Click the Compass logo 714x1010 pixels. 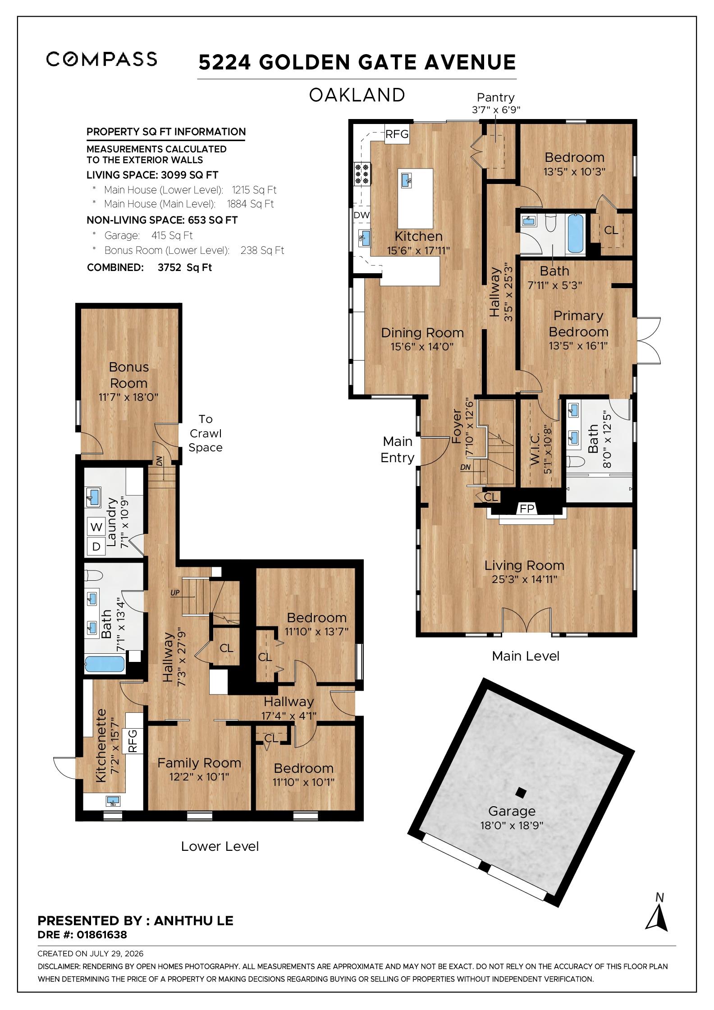(x=101, y=59)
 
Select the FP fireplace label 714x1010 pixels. (x=527, y=509)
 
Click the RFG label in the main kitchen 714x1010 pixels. (x=397, y=134)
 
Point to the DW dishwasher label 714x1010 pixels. (x=362, y=215)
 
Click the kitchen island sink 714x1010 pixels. (x=407, y=180)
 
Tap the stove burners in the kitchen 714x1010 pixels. (x=362, y=174)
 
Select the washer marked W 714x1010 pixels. (x=96, y=527)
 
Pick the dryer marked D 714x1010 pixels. (x=96, y=546)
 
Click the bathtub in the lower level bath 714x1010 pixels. (x=105, y=664)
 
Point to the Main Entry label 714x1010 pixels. (x=397, y=449)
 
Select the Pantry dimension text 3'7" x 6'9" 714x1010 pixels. (x=496, y=110)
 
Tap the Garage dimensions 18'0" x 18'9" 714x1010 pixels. (x=512, y=825)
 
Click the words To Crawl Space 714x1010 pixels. (x=206, y=433)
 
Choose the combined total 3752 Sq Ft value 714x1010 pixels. (x=185, y=267)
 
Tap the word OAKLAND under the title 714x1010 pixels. (x=357, y=95)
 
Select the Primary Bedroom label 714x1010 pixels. (x=578, y=324)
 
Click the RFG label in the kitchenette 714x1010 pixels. (x=133, y=741)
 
